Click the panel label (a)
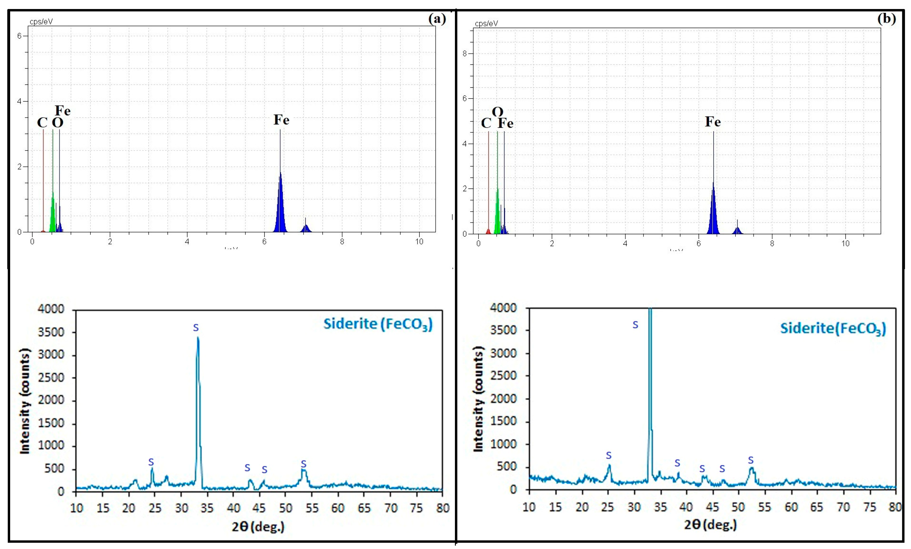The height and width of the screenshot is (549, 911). click(x=437, y=19)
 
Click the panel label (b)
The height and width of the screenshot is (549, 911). click(x=887, y=19)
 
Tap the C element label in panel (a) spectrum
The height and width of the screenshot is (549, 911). click(x=42, y=123)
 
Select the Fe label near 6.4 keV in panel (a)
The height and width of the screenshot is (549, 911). click(x=281, y=120)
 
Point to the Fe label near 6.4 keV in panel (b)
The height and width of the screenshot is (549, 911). click(x=713, y=122)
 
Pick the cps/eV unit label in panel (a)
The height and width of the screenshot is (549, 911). click(x=41, y=22)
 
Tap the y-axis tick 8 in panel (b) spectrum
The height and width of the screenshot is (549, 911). click(x=465, y=54)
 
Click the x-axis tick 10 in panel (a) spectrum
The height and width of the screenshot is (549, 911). click(x=419, y=242)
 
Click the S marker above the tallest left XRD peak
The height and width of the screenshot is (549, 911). click(x=196, y=327)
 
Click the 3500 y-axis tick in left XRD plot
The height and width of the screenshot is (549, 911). click(x=51, y=332)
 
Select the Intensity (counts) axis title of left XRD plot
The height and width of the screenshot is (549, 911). click(x=25, y=401)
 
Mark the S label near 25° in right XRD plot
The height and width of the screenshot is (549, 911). click(x=609, y=455)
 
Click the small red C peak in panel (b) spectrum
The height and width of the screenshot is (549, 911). click(x=488, y=231)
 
